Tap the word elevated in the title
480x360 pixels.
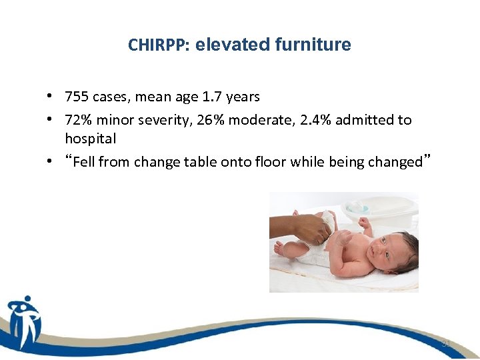click(227, 45)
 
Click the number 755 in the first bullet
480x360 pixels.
click(77, 97)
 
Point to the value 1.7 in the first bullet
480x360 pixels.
click(213, 97)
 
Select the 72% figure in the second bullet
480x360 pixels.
click(77, 120)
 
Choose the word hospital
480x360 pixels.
click(90, 139)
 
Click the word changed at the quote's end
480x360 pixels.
click(398, 162)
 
